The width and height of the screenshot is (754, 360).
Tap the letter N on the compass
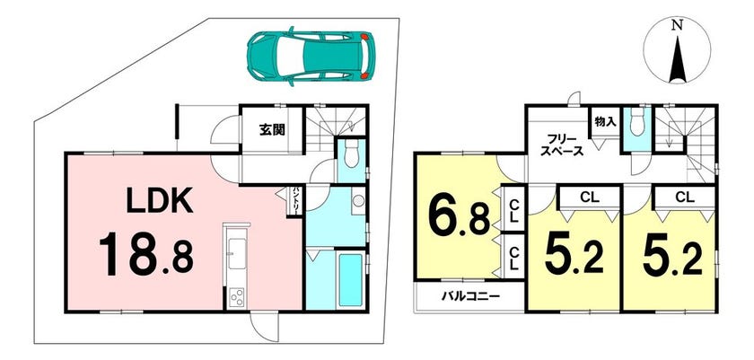pos(677,27)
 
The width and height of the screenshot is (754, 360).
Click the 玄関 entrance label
pos(272,129)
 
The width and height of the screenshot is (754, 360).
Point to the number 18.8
pos(145,253)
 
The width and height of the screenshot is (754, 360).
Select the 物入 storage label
pos(605,121)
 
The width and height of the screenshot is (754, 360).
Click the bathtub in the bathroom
pos(351,280)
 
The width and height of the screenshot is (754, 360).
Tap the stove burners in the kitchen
pos(236,296)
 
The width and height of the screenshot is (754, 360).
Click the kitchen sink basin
pos(237,254)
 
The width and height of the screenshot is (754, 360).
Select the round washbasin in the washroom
pos(357,201)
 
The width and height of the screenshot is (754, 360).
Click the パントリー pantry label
pos(295,201)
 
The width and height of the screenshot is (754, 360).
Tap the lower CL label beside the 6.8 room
pos(513,258)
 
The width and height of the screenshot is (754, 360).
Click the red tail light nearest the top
pos(365,36)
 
